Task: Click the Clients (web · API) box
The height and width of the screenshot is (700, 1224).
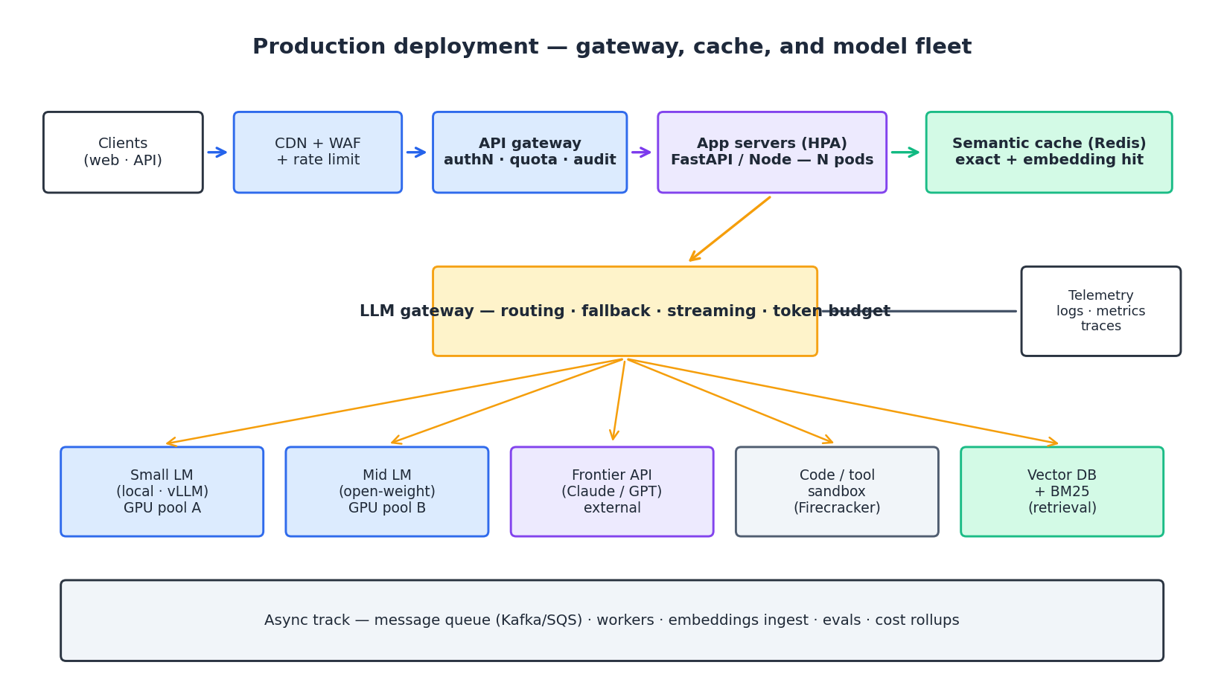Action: pyautogui.click(x=123, y=152)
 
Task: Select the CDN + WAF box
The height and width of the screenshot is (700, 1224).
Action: pyautogui.click(x=318, y=152)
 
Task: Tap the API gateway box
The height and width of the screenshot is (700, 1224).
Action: pyautogui.click(x=529, y=152)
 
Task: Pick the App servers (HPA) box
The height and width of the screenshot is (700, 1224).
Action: pyautogui.click(x=772, y=152)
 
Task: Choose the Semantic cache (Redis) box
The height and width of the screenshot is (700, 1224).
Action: pyautogui.click(x=1048, y=152)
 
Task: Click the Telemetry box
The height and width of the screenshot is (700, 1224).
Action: pyautogui.click(x=1100, y=311)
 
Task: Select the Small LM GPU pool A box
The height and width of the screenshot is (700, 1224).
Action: pyautogui.click(x=162, y=492)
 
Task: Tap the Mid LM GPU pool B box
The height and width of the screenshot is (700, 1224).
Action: pyautogui.click(x=386, y=492)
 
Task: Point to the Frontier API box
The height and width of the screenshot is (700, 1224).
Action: pyautogui.click(x=611, y=492)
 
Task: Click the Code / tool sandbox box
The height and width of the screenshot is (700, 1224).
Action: pyautogui.click(x=837, y=492)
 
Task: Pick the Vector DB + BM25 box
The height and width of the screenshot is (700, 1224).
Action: pyautogui.click(x=1062, y=492)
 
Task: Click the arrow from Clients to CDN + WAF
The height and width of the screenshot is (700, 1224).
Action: pyautogui.click(x=217, y=152)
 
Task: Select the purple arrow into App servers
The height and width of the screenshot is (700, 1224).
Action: pyautogui.click(x=641, y=152)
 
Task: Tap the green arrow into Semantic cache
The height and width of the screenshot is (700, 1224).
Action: pyautogui.click(x=905, y=152)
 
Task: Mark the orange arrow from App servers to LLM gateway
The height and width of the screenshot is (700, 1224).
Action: pyautogui.click(x=730, y=228)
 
